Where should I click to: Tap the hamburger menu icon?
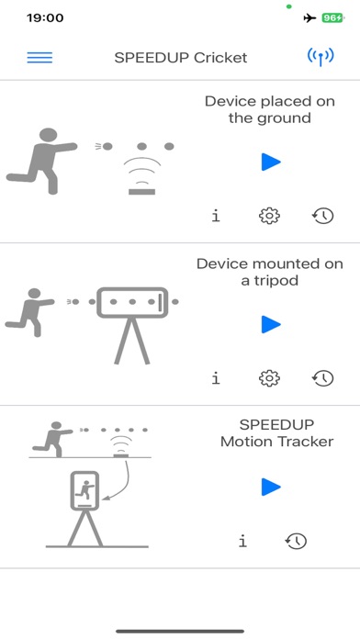point(39,57)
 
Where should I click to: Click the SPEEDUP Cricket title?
point(180,57)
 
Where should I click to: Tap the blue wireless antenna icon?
point(321,57)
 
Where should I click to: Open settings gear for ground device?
point(269,216)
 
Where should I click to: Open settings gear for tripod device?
point(269,378)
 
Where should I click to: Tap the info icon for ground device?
point(216,216)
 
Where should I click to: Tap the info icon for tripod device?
point(216,378)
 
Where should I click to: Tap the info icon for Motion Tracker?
point(242,541)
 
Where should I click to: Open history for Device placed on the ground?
point(322,216)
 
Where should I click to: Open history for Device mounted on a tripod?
point(322,378)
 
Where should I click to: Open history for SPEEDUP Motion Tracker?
point(296,541)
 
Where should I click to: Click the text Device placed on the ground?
point(269,109)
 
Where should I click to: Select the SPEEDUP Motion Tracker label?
point(276,433)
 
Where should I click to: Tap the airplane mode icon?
point(309,17)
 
